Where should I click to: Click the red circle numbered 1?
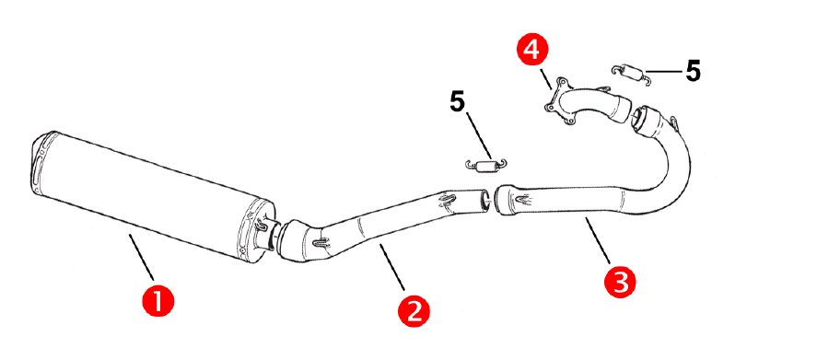[x=158, y=300]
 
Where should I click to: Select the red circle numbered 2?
[x=414, y=311]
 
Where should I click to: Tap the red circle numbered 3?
[x=620, y=283]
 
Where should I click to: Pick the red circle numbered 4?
[x=531, y=51]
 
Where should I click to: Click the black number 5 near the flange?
[x=693, y=71]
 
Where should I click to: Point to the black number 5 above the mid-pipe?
[x=457, y=102]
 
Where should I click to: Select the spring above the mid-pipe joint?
[x=485, y=165]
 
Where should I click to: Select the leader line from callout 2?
[x=391, y=267]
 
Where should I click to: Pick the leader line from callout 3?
[x=597, y=240]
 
